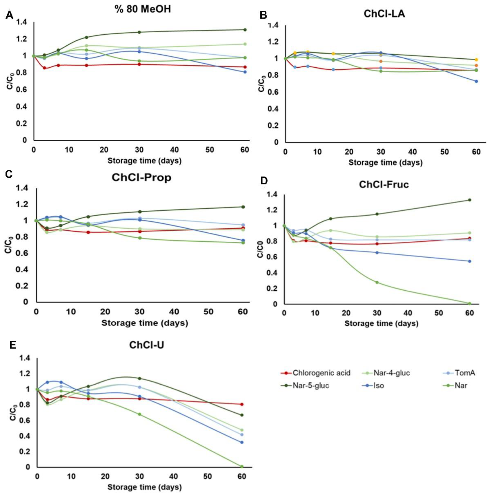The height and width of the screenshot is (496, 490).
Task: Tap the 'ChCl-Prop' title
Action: tap(141, 177)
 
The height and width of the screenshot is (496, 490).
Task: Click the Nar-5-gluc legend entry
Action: tap(311, 385)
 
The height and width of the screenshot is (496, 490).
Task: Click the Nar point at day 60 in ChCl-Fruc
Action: tap(469, 303)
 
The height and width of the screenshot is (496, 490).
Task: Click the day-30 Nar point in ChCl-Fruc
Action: tap(377, 282)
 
